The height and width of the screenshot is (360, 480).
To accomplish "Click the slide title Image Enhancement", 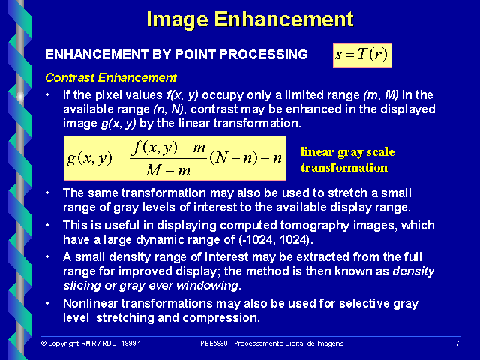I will [250, 19].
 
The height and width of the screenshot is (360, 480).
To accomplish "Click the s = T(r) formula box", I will [362, 55].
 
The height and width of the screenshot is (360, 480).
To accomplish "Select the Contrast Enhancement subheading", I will [111, 77].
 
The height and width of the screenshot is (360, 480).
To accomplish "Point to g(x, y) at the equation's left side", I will [88, 157].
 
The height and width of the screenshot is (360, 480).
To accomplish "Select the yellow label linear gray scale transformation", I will [346, 160].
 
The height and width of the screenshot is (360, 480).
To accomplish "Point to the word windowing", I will [209, 286].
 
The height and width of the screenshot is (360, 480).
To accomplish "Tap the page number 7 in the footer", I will [457, 343].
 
